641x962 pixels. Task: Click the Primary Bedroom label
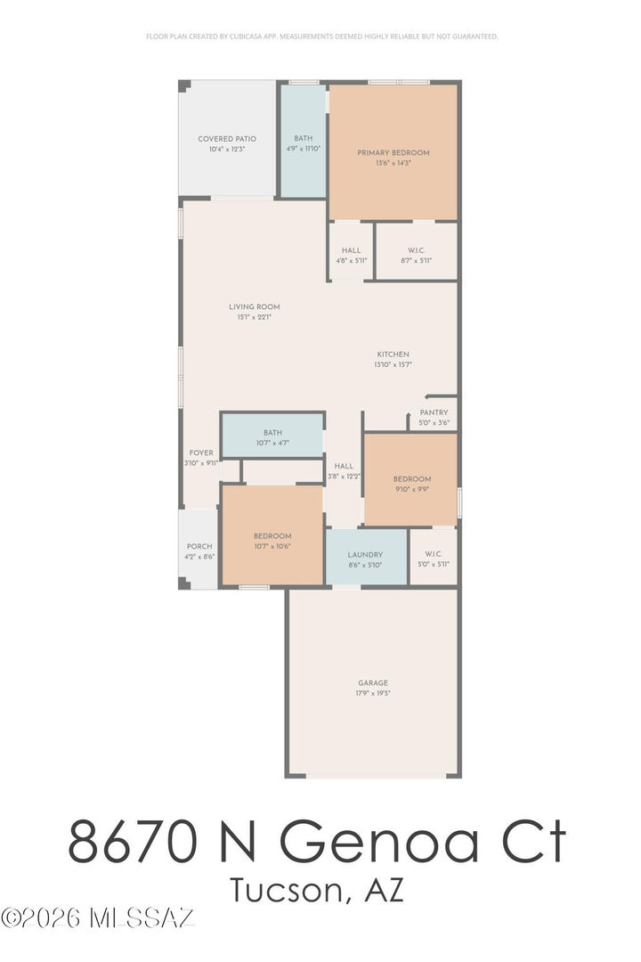(393, 152)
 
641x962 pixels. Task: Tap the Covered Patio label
(227, 139)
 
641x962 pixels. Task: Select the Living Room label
(254, 306)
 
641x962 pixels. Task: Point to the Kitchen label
(393, 355)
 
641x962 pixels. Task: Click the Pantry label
(434, 412)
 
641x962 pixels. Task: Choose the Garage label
(372, 683)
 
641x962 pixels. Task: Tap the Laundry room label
(365, 554)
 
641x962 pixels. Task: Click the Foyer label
(200, 452)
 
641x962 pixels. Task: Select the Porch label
(199, 546)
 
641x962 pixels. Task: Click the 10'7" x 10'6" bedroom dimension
(272, 546)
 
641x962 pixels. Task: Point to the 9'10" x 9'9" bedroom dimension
(412, 489)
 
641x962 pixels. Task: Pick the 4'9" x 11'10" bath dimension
(304, 149)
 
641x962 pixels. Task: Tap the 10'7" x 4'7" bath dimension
(272, 443)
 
